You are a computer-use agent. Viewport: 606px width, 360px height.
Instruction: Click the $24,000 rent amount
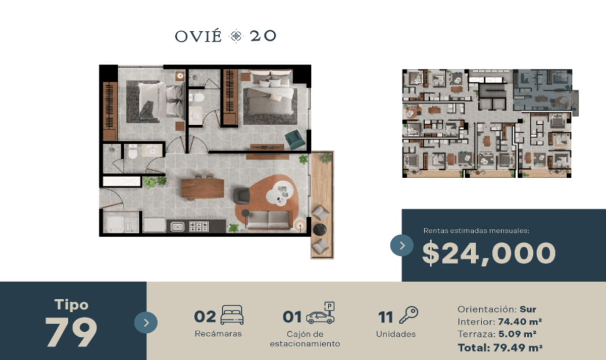pos(489,253)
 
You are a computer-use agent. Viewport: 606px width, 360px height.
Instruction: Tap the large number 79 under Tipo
pos(71,332)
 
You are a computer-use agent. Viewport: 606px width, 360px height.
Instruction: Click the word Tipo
pos(71,304)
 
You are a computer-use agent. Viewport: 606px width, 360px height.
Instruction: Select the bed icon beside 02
pos(232,315)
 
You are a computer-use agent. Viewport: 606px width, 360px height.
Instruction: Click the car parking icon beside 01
pos(321,313)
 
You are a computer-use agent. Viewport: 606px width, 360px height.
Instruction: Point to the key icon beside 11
pos(409,315)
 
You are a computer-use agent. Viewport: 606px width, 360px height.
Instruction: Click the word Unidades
pos(396,334)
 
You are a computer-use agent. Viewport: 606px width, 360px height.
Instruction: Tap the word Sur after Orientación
pos(528,309)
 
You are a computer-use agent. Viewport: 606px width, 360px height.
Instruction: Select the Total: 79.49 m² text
pos(500,347)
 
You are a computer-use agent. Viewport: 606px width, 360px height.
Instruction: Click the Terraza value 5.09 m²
pos(517,334)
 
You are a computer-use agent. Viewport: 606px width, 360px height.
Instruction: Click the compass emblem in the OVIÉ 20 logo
pos(236,36)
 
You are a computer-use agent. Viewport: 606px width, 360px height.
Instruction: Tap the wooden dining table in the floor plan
pos(203,188)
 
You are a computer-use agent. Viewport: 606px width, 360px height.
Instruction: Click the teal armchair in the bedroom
pos(295,139)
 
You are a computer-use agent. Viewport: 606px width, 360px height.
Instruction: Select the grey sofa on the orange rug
pos(269,220)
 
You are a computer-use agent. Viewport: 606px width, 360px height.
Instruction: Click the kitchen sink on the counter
pos(177,227)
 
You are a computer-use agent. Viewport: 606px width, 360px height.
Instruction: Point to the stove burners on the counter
pos(199,227)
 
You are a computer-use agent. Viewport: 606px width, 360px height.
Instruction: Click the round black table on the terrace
pos(320,230)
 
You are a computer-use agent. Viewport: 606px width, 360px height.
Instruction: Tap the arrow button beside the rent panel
pos(402,245)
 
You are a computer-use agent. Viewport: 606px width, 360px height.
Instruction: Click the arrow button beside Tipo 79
pos(146,323)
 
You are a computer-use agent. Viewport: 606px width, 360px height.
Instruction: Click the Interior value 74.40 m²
pos(520,322)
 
